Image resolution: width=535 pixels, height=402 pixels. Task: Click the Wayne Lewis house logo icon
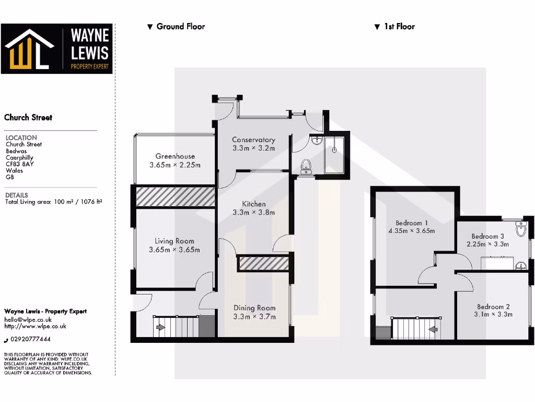tap(29, 49)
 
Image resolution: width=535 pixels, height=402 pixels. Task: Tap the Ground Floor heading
tap(180, 26)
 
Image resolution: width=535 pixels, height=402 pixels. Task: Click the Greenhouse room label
tap(175, 156)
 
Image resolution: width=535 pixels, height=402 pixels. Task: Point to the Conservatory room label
tap(253, 140)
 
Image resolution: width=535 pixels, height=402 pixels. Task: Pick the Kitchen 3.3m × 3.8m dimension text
tap(253, 213)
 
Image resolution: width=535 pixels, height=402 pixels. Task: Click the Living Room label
tap(174, 241)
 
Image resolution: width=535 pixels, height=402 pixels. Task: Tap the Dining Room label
tap(254, 308)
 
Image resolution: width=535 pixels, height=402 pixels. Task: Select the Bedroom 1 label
tap(412, 222)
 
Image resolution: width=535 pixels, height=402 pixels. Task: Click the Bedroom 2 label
tap(493, 307)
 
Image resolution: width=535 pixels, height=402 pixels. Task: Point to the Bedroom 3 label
tap(487, 236)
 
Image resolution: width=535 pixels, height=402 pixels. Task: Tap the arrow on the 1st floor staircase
tap(433, 329)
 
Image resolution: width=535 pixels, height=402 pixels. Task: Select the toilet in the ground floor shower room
tap(306, 166)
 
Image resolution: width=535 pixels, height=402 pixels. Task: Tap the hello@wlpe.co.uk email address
tap(28, 319)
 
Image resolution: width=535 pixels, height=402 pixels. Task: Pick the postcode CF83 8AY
tap(20, 163)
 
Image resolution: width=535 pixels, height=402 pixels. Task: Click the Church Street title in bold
tap(28, 118)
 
